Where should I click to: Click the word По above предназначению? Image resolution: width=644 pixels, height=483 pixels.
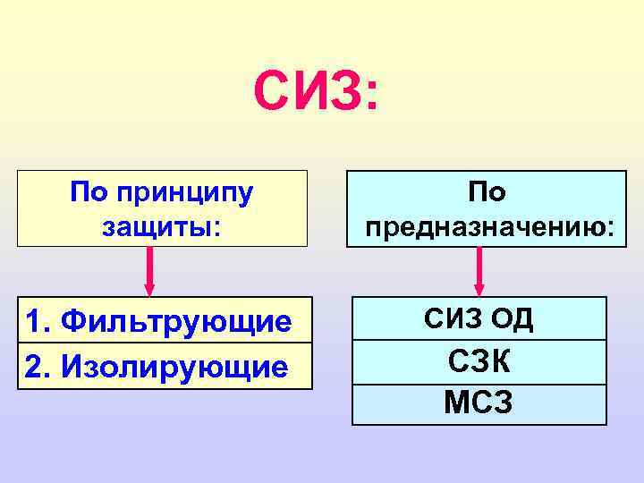(486, 192)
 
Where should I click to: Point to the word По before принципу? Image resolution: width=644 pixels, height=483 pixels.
(89, 191)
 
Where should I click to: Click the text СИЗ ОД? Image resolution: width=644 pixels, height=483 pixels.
(479, 319)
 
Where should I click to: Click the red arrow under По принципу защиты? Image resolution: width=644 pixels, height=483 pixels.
(149, 268)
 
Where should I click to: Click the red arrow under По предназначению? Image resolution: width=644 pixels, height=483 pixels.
(479, 268)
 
